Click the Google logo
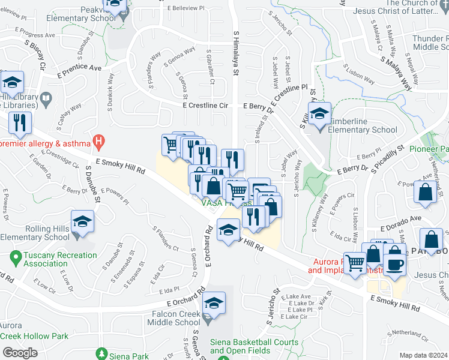(20, 352)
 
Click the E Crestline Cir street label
(207, 105)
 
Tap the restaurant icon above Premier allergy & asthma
(21, 123)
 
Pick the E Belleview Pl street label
(188, 8)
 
